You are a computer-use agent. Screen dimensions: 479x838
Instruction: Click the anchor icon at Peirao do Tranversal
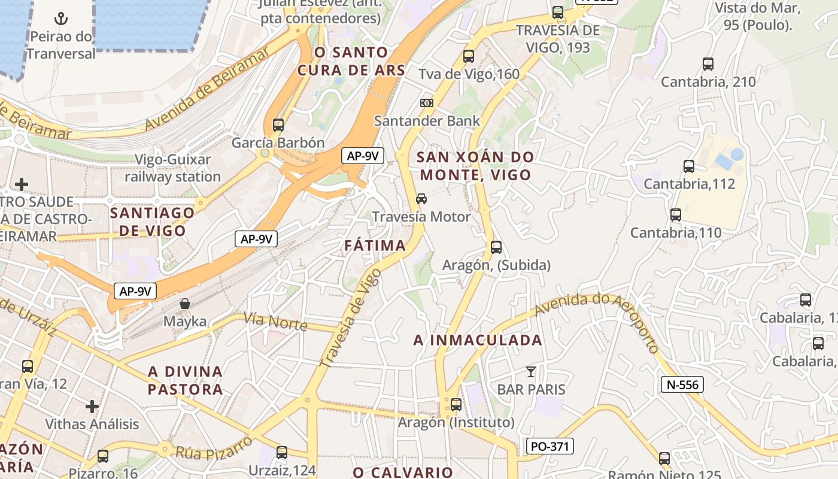[x=61, y=19]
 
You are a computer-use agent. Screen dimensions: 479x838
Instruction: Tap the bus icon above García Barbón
[x=278, y=125]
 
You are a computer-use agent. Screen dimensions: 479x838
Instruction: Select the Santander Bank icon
[x=427, y=103]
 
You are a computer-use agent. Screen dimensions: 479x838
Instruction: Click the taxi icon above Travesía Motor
[x=421, y=199]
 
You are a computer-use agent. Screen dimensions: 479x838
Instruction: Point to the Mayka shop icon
[x=185, y=304]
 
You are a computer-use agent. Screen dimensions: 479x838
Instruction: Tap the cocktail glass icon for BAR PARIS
[x=531, y=371]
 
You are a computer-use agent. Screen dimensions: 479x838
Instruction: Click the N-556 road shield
[x=682, y=384]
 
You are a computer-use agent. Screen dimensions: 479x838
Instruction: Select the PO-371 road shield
[x=550, y=446]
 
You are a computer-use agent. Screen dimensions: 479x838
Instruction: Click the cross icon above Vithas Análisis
[x=92, y=407]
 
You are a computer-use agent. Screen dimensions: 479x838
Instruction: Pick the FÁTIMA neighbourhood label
[x=375, y=245]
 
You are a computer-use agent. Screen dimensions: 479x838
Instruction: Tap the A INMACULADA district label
[x=478, y=340]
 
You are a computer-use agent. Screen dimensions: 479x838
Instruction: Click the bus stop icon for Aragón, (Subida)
[x=496, y=247]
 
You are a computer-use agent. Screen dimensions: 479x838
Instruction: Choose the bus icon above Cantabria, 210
[x=708, y=63]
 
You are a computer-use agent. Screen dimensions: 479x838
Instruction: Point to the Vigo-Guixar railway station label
[x=172, y=168]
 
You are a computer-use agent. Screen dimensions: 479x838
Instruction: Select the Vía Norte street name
[x=276, y=322]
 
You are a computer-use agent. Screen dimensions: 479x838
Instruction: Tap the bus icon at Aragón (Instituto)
[x=456, y=405]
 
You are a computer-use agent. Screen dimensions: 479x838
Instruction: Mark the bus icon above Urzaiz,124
[x=282, y=452]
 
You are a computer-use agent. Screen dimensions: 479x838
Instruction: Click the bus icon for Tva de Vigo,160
[x=469, y=56]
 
